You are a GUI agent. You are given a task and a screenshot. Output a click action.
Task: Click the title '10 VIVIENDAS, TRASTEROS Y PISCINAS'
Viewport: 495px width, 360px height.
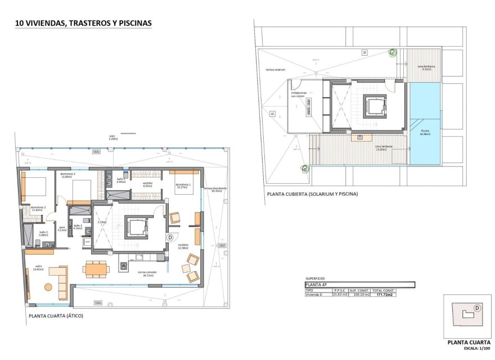[83, 24]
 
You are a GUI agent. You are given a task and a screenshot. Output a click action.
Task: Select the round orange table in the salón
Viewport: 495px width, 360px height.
[48, 287]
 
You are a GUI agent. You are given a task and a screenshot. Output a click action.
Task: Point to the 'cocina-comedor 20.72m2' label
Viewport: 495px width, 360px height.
[147, 273]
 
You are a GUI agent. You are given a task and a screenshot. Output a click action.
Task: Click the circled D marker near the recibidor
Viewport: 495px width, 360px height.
[169, 238]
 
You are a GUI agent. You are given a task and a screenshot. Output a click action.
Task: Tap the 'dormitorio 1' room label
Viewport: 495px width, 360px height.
[183, 186]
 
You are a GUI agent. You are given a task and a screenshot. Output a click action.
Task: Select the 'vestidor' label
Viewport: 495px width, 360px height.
[147, 184]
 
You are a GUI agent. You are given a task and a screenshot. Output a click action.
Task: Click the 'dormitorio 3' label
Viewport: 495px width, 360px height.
[67, 175]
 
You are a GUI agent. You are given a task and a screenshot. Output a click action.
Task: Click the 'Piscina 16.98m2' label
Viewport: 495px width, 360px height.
[425, 133]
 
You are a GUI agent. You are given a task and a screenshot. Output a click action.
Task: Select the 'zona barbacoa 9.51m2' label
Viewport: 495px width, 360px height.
[426, 67]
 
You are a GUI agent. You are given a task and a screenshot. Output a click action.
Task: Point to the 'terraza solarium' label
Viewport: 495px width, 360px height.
[276, 69]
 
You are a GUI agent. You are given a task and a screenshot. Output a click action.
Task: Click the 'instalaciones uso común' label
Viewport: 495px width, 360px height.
[298, 94]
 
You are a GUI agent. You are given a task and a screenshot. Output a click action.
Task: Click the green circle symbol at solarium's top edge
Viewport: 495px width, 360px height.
[393, 53]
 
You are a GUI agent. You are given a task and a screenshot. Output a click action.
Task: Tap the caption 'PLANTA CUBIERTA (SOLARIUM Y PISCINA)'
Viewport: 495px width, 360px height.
[312, 194]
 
